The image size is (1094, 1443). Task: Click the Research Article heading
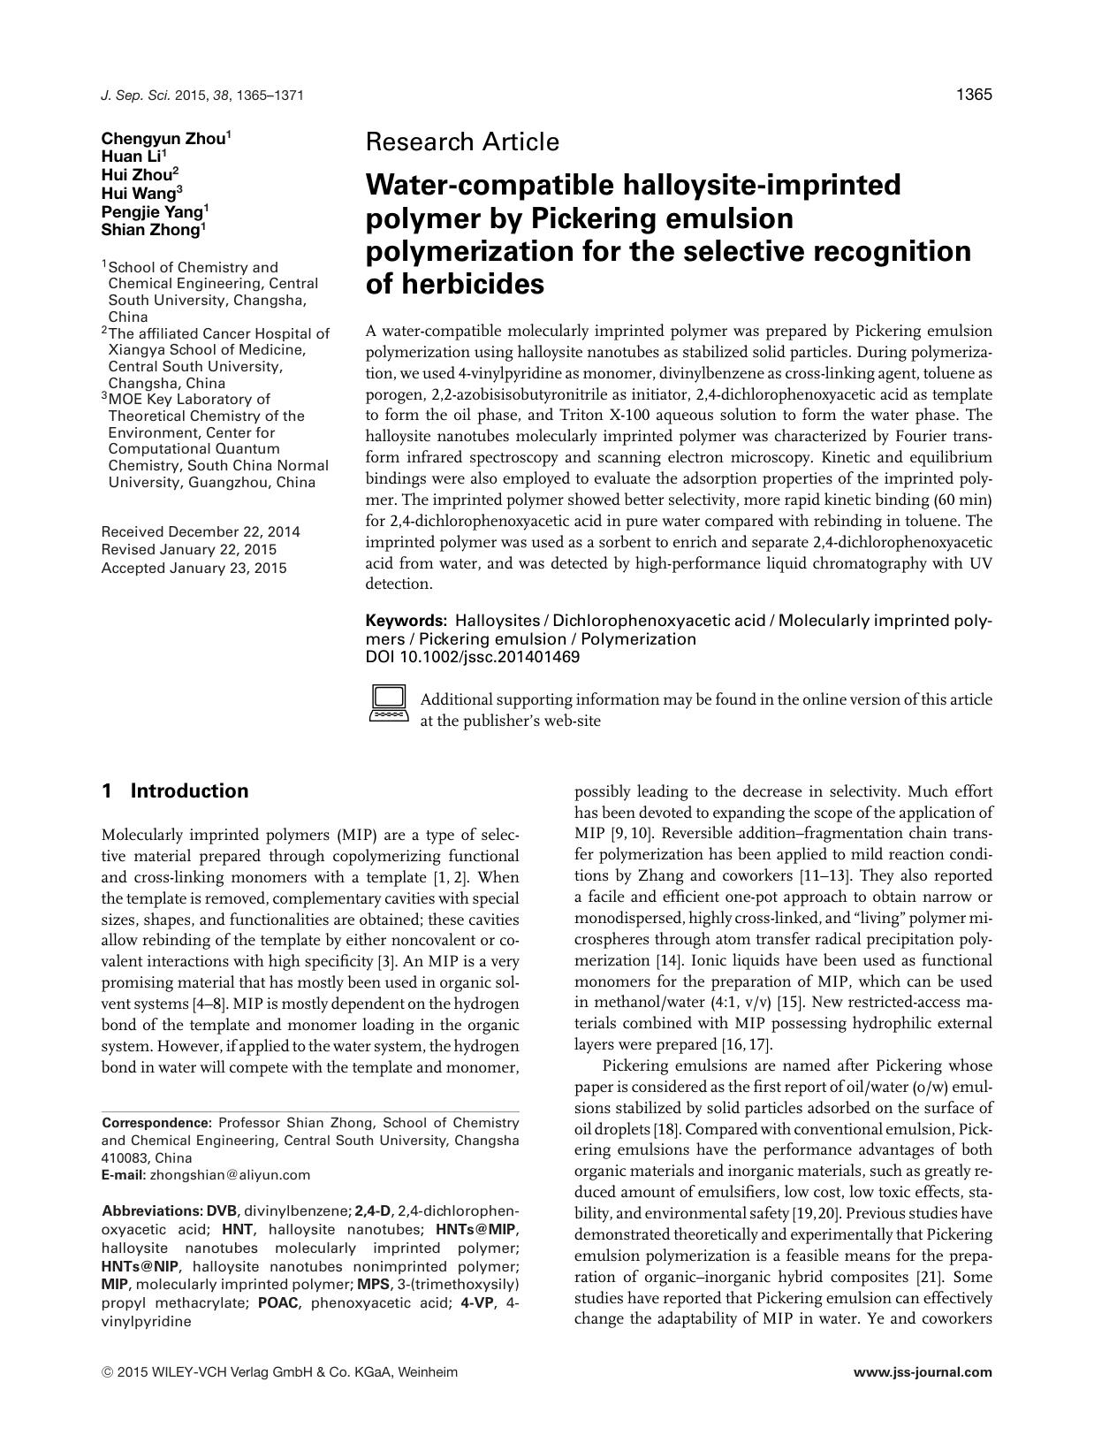(461, 141)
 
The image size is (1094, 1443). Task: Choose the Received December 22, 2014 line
(201, 531)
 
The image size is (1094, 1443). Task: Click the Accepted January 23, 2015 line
(194, 569)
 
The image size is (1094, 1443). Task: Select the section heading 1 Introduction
(175, 790)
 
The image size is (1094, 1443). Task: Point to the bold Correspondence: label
(157, 1122)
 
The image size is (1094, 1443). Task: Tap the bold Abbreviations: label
(152, 1210)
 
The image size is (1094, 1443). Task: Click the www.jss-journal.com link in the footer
(923, 1372)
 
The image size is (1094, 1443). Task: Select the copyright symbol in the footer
(107, 1372)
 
